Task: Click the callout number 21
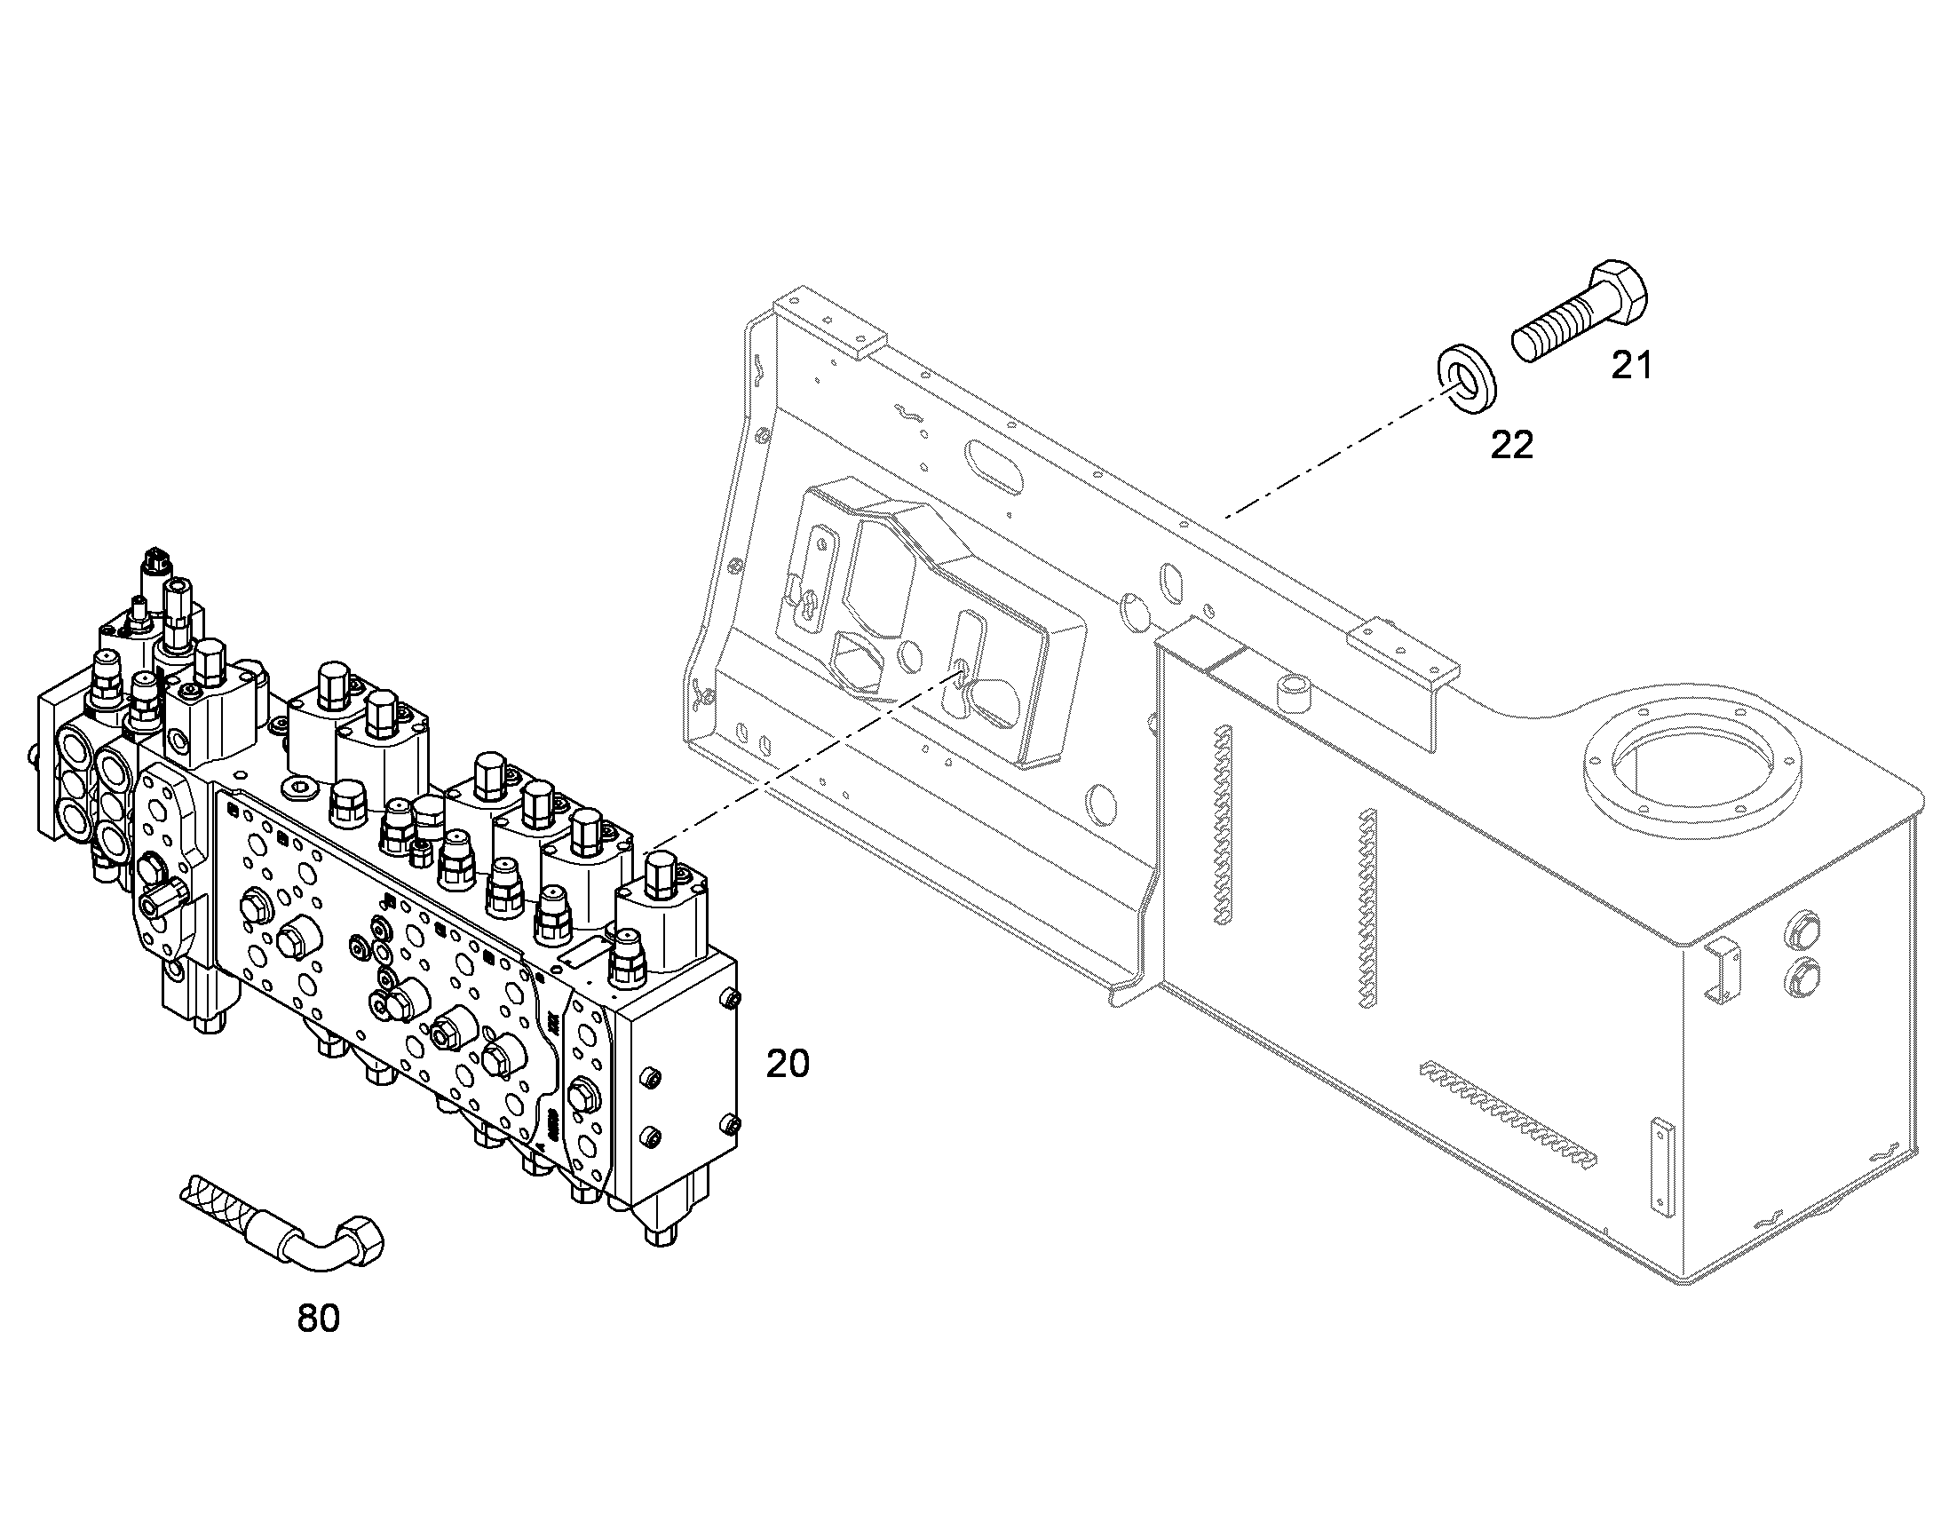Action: click(1631, 365)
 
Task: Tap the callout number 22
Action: click(1512, 444)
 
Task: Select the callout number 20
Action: click(788, 1063)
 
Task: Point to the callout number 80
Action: click(318, 1318)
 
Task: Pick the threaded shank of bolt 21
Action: click(1551, 330)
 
